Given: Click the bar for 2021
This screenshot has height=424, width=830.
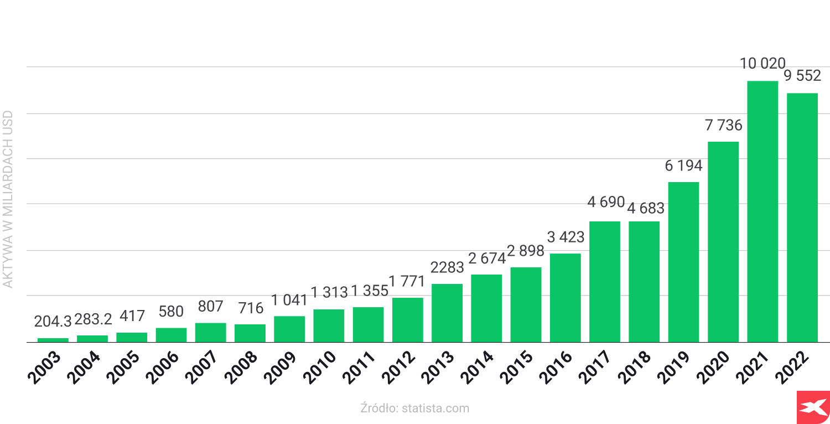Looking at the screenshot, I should [762, 211].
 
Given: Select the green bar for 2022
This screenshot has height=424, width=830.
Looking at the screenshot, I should [802, 218].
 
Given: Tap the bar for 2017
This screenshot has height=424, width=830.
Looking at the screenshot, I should [605, 282].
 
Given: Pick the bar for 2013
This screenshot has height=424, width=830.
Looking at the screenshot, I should [447, 313].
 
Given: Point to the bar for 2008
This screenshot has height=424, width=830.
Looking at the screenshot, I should [250, 333].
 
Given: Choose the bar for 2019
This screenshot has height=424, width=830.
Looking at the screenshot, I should [683, 262].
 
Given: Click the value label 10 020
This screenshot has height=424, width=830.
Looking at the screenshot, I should [762, 64].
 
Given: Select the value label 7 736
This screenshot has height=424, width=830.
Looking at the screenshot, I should [723, 126].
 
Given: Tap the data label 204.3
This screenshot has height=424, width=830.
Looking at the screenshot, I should [53, 321].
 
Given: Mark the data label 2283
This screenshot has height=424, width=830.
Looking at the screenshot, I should [447, 267].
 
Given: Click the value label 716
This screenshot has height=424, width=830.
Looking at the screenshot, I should [250, 308].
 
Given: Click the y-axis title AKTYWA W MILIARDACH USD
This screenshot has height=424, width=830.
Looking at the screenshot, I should [8, 199].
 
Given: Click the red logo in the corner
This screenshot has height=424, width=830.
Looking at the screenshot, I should [813, 407].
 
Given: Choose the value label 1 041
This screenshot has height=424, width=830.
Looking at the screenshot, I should [289, 301].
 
